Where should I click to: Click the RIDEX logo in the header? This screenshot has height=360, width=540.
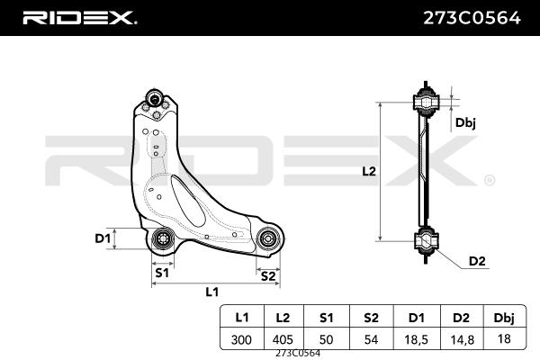[79, 17]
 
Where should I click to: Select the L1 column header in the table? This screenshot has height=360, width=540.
[242, 317]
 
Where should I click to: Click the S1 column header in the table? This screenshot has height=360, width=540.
[326, 317]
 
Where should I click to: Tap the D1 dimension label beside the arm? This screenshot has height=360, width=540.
[102, 238]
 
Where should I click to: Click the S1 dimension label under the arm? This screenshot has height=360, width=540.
[163, 271]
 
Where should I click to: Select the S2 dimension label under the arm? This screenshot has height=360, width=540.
[267, 275]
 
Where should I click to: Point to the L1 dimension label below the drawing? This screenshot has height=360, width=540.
[212, 292]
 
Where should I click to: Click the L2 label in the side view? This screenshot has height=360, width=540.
[367, 170]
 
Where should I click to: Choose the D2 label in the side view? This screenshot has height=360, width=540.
[477, 261]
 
